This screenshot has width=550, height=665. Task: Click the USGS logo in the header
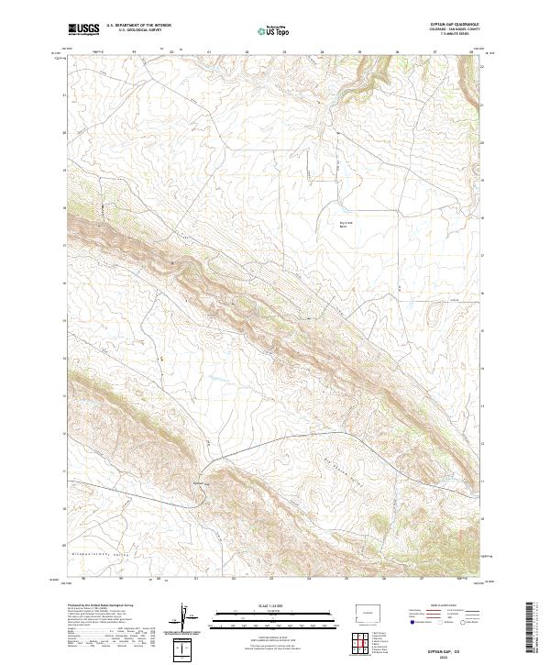(84, 30)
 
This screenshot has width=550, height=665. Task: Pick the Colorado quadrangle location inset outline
(371, 611)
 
